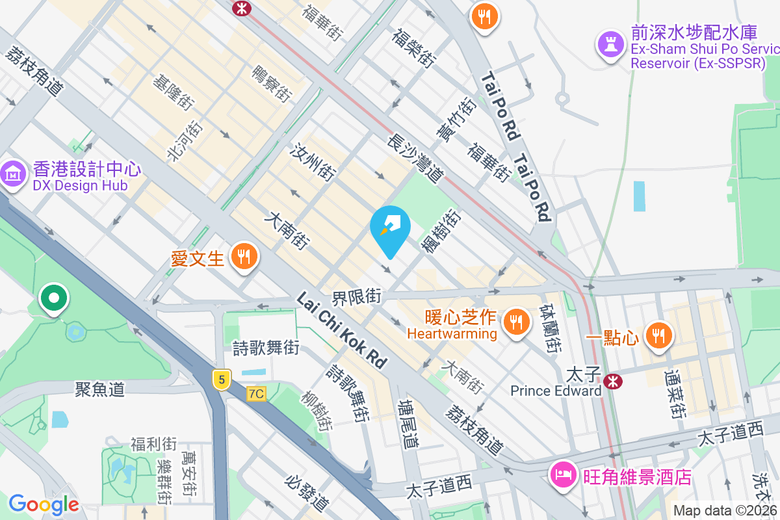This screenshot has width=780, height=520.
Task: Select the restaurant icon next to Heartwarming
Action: [x=516, y=322]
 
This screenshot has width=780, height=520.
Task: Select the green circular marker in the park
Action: [x=54, y=298]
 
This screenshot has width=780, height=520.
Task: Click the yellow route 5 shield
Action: [x=222, y=379]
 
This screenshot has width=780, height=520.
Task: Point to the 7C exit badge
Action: [x=256, y=394]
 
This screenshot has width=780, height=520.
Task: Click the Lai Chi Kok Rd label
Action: [x=341, y=330]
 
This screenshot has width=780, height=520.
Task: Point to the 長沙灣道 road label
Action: [x=415, y=158]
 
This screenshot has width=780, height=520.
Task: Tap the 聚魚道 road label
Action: [x=99, y=389]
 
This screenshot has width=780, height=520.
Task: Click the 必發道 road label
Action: [x=307, y=492]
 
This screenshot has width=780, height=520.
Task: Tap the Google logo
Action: [x=44, y=504]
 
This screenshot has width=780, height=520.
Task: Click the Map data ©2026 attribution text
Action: [x=725, y=510]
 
